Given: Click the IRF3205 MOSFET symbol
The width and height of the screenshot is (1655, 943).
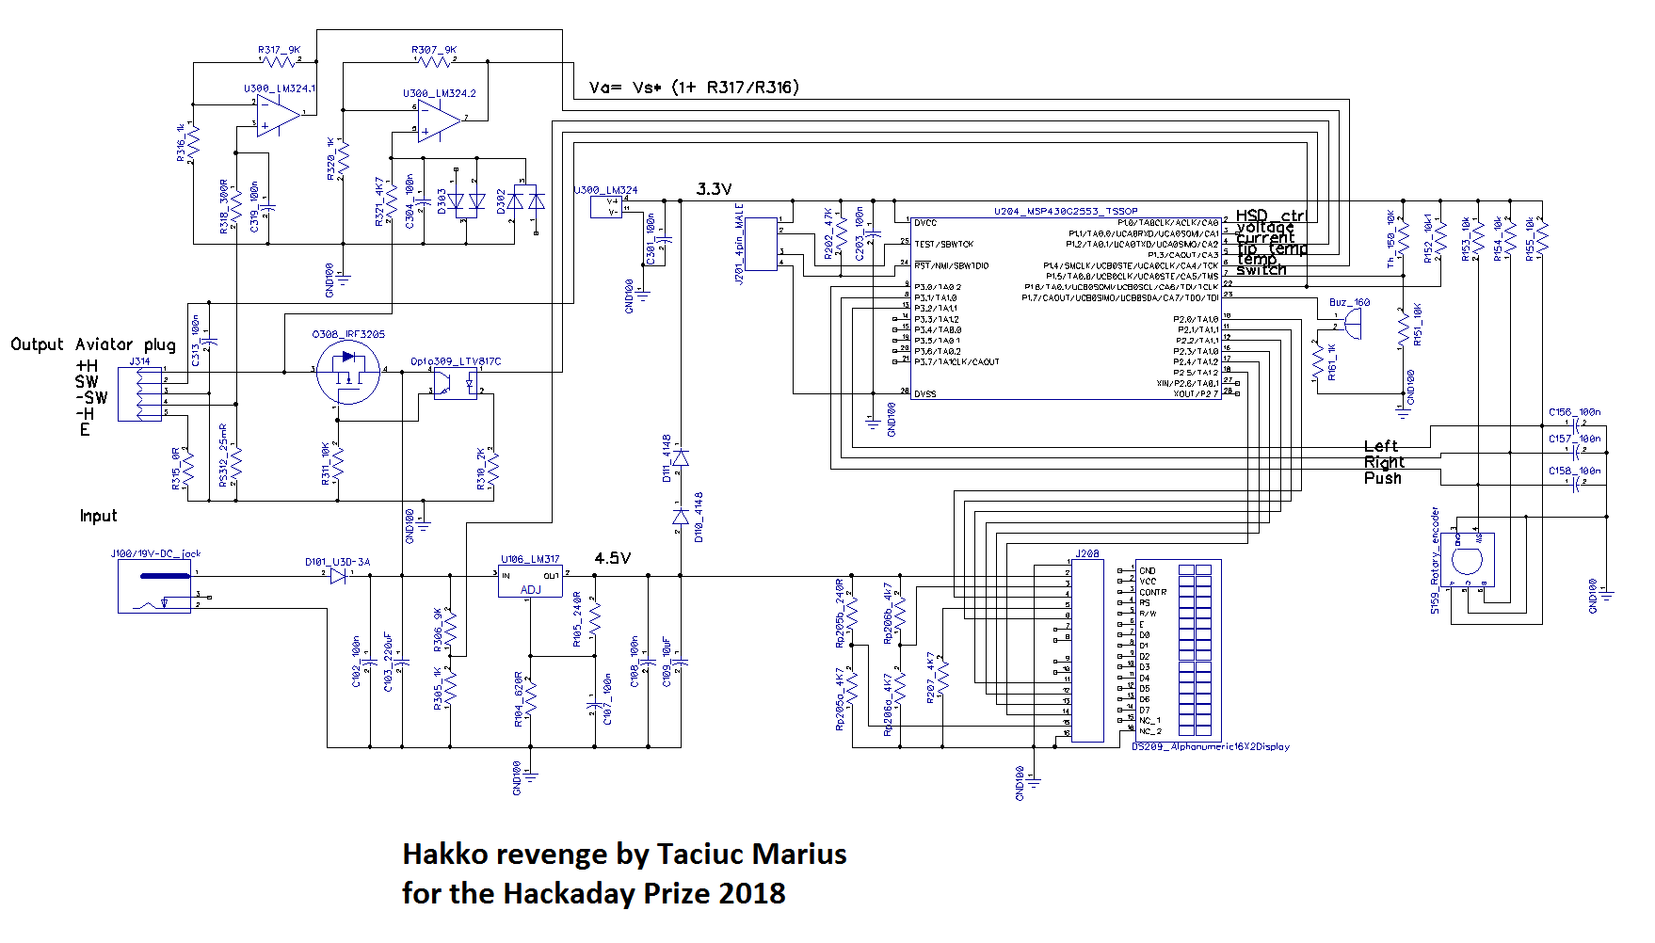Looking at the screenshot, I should (x=348, y=372).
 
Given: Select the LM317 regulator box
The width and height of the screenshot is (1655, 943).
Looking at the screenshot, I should (x=530, y=580).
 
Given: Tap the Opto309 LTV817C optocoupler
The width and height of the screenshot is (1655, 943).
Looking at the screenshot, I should (x=456, y=385).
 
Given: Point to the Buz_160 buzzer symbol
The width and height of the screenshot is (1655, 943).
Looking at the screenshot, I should (x=1353, y=324).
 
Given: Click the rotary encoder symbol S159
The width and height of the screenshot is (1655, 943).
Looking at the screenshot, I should (x=1467, y=562).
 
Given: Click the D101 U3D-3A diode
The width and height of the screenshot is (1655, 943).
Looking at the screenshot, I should (x=338, y=575).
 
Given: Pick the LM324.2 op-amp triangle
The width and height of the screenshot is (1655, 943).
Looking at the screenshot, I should (x=439, y=120).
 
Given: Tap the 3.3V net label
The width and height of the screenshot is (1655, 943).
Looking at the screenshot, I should (x=714, y=189).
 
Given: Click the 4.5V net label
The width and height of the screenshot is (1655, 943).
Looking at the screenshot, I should (x=612, y=558).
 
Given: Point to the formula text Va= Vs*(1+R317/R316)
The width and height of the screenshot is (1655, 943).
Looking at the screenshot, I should (x=694, y=88).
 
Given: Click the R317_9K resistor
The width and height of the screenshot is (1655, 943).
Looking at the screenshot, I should (x=279, y=61).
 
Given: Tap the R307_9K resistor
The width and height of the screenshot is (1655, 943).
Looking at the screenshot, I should (x=433, y=61).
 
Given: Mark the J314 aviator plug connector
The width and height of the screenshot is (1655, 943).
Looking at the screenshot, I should (x=147, y=393).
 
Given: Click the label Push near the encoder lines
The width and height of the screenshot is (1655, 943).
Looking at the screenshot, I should (x=1382, y=478).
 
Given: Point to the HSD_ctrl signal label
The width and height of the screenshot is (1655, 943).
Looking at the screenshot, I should (x=1271, y=216).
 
